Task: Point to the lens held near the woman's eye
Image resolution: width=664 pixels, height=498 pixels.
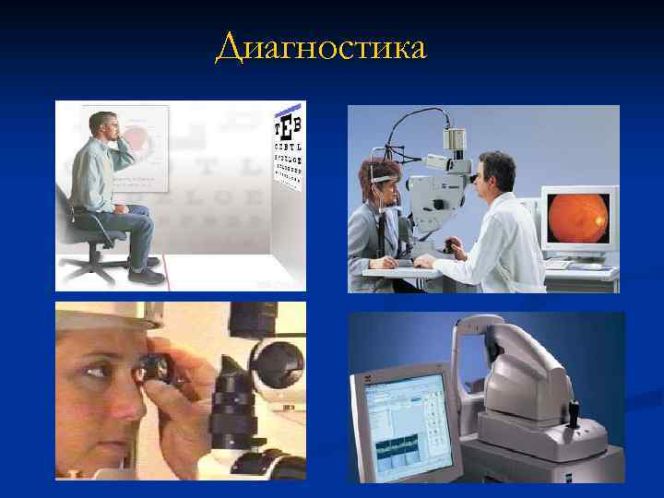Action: pos(154,370)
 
